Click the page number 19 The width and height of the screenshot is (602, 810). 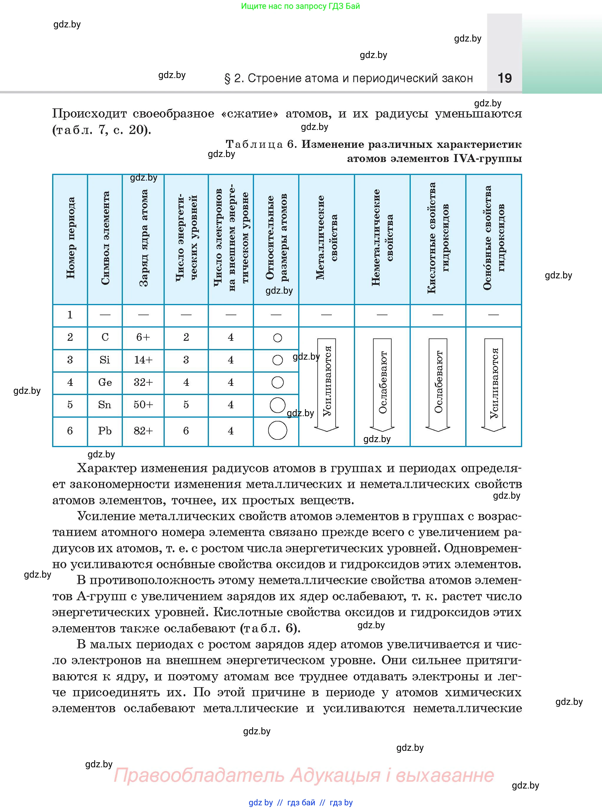tap(504, 78)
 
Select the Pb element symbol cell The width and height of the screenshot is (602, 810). tap(105, 431)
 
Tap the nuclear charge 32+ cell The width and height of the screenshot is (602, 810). tap(143, 382)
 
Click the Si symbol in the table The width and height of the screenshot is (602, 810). tap(105, 360)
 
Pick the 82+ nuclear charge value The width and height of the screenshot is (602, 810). tap(143, 431)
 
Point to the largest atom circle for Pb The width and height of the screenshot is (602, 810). tap(277, 431)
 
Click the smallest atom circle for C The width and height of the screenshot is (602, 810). tap(277, 338)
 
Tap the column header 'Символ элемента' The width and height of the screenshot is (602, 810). tap(105, 239)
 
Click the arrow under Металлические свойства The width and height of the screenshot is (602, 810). tap(327, 385)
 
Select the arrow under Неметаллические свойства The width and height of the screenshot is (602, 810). tap(382, 385)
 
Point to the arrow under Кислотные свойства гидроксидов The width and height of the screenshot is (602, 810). tap(438, 385)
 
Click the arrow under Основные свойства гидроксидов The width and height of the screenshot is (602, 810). tap(494, 385)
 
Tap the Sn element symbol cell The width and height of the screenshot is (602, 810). tap(105, 405)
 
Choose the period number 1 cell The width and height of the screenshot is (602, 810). tap(70, 315)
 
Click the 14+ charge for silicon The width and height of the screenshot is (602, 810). tap(143, 360)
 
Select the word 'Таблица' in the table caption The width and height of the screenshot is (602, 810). tap(254, 144)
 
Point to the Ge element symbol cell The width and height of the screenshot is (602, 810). tap(105, 382)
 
